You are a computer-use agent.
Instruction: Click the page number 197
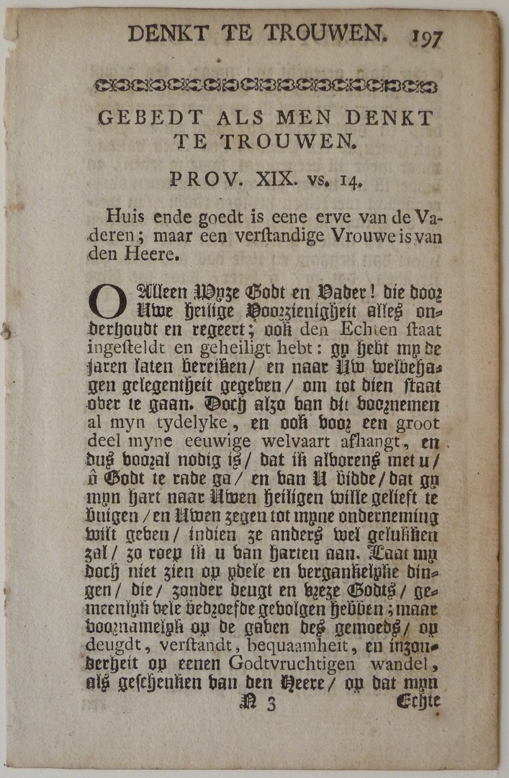point(428,37)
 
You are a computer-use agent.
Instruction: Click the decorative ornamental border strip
point(266,86)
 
